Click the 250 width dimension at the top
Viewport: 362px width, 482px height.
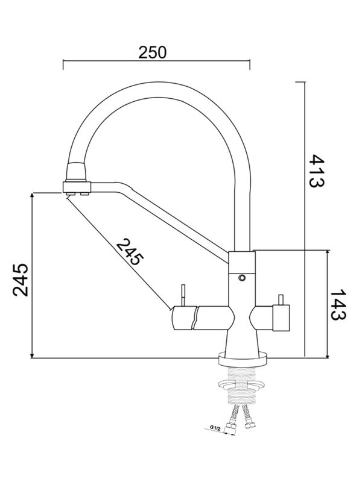(152, 52)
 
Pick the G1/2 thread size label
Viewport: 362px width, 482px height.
(214, 428)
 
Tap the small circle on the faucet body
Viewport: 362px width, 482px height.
(242, 278)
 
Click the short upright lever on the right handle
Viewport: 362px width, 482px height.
(280, 299)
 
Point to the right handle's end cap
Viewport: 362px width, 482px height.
(281, 318)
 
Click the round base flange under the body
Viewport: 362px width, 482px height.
(241, 360)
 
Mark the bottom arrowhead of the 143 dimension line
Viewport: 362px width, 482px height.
(328, 354)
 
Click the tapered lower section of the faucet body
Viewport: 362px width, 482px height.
(241, 340)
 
